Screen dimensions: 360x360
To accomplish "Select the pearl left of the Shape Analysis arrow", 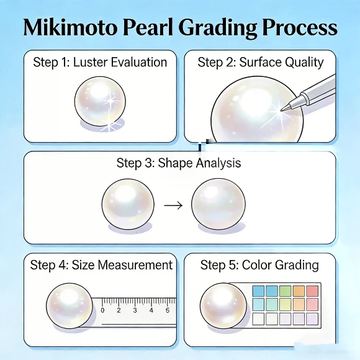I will (128, 204).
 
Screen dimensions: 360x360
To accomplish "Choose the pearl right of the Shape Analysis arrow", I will (218, 204).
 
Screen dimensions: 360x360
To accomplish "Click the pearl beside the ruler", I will (69, 307).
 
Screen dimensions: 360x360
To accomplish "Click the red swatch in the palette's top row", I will (312, 291).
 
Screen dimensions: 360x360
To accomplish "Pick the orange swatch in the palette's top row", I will (298, 291).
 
